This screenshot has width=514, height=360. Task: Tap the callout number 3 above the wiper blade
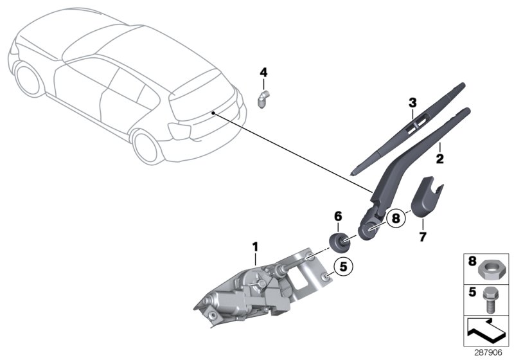(x=412, y=102)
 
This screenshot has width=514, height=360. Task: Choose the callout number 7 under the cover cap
(x=423, y=237)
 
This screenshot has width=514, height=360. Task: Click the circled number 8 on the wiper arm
(x=396, y=218)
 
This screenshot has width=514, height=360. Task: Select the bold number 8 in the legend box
(x=472, y=262)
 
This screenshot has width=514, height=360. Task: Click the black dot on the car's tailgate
(x=211, y=113)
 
